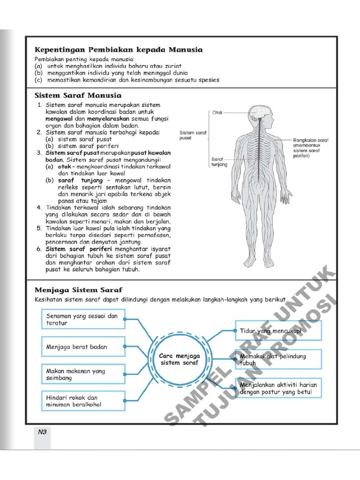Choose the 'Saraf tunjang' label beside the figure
coord(219,162)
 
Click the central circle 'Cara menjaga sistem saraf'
coord(180,359)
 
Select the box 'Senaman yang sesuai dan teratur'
coord(83,320)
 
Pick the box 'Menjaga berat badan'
coord(83,347)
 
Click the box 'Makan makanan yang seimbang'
coord(83,374)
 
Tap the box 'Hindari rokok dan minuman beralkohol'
coord(83,401)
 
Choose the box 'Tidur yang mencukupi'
coord(278,331)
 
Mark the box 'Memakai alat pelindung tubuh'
coord(278,360)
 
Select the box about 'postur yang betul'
coord(278,388)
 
